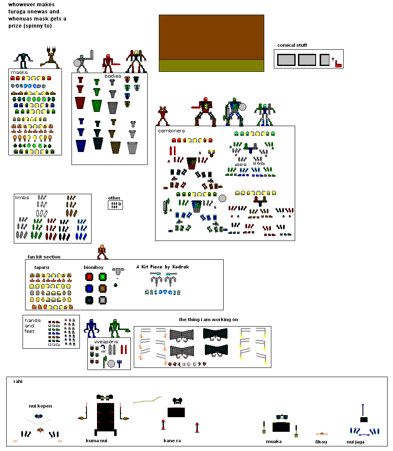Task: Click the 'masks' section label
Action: (x=19, y=73)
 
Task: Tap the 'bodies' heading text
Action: (x=113, y=76)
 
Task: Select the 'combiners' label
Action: (x=171, y=131)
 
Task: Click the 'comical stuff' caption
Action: (x=292, y=45)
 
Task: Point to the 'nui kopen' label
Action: (x=40, y=406)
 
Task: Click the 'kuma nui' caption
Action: (x=97, y=441)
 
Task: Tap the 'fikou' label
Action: (x=321, y=442)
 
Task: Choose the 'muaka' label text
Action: (x=274, y=441)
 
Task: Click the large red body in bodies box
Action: (x=80, y=103)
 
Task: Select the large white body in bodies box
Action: (x=132, y=148)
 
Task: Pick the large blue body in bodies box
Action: (x=81, y=146)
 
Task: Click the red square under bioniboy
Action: (x=89, y=277)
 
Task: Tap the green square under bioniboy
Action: (x=103, y=277)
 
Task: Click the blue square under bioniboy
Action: (x=89, y=289)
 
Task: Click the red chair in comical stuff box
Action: (x=338, y=64)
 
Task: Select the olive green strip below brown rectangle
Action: (x=212, y=66)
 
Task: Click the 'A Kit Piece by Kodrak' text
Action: (x=163, y=267)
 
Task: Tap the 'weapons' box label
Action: (x=106, y=342)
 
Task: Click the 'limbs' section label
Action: (x=22, y=198)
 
